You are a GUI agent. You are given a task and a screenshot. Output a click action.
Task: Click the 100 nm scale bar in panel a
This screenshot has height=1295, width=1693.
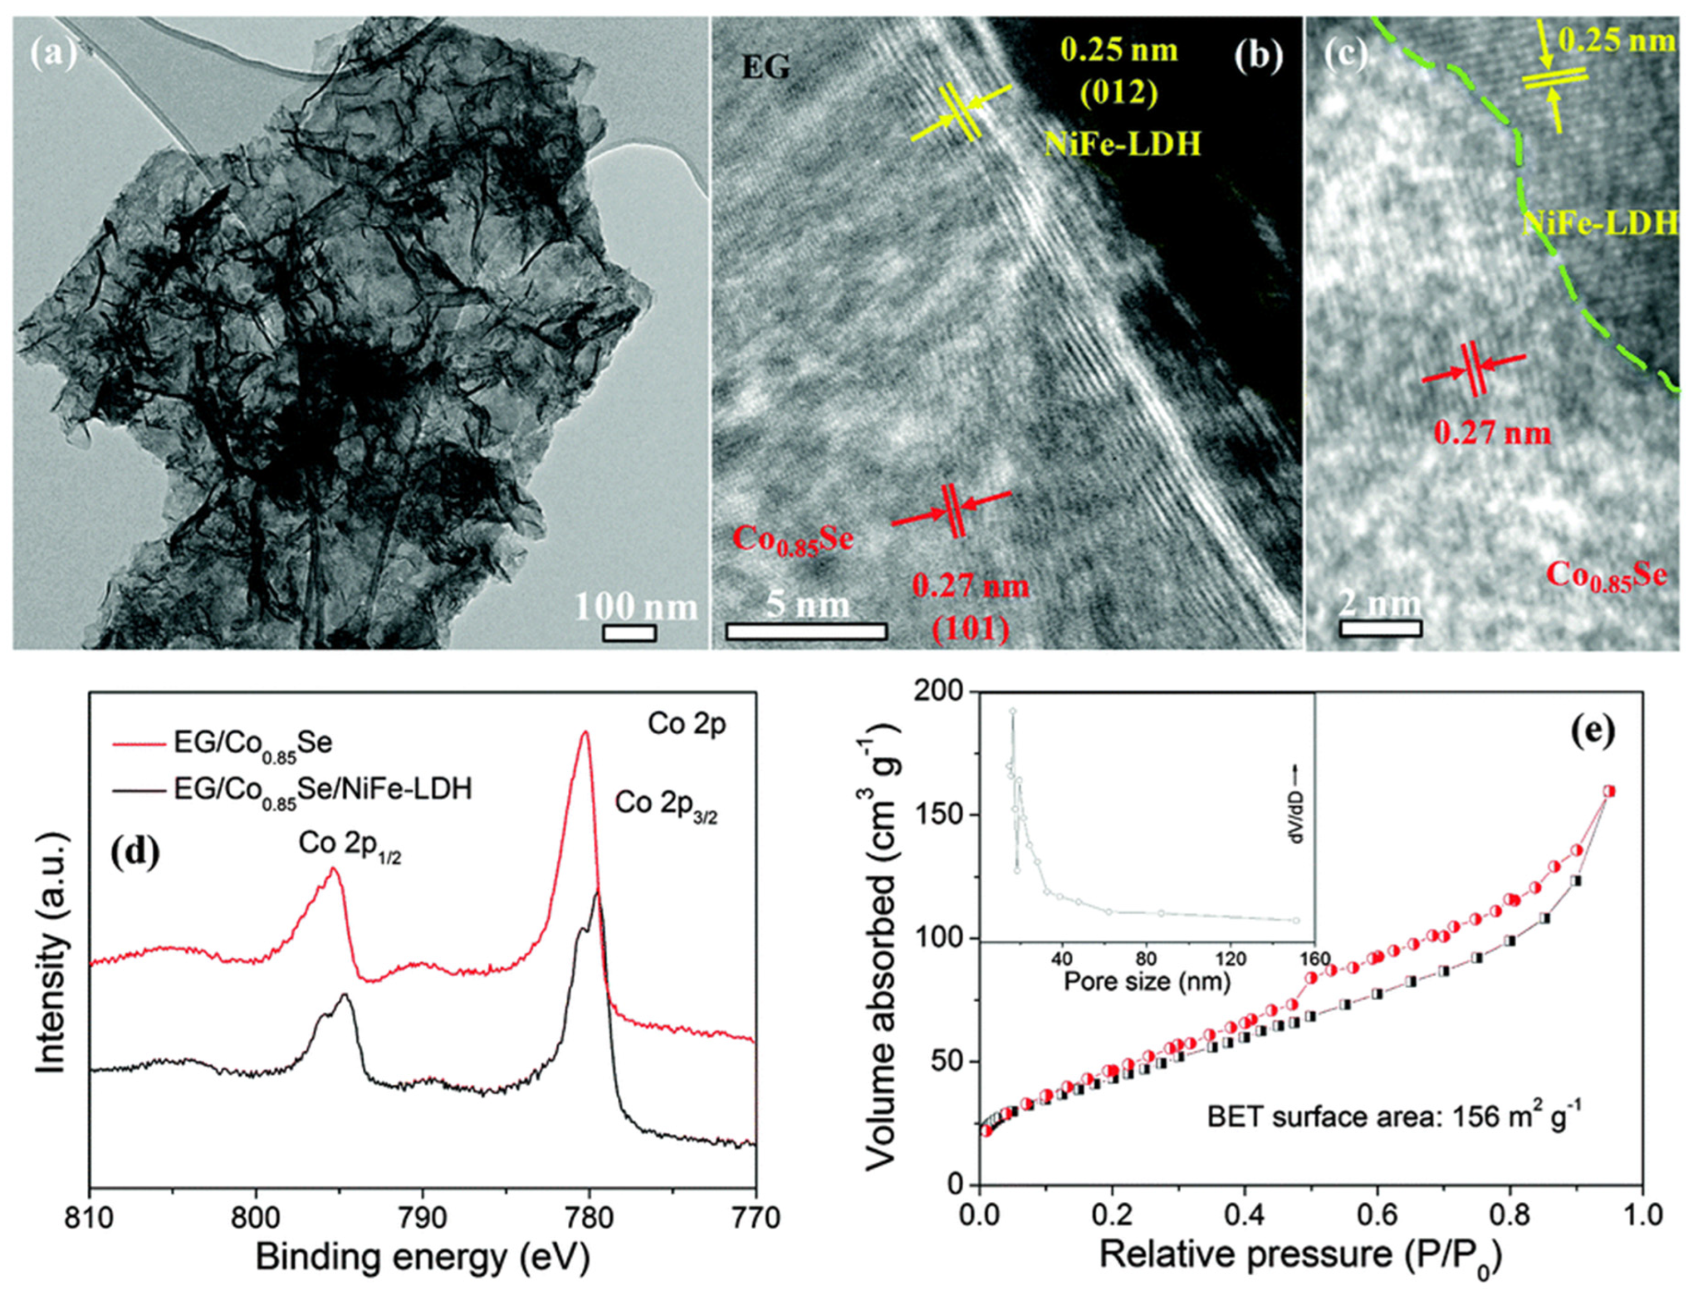click(x=629, y=633)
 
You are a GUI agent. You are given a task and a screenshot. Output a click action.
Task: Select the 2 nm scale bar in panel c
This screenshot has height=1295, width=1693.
click(x=1380, y=628)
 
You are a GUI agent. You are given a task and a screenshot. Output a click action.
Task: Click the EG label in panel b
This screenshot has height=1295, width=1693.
click(x=765, y=69)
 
